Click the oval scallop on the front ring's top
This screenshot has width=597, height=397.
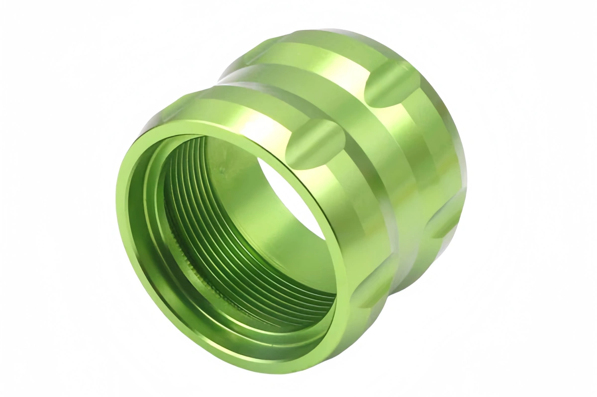(315, 143)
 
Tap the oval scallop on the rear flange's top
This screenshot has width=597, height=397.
(392, 83)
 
